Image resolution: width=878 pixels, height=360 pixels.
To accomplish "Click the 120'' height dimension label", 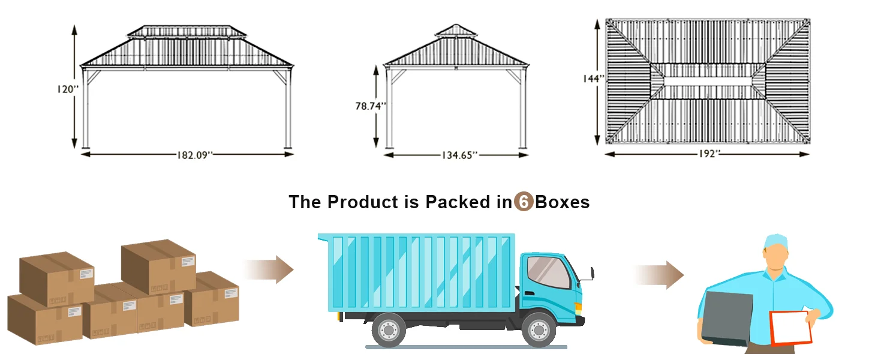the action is coord(68,89).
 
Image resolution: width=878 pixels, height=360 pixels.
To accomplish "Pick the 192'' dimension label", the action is coord(709,154).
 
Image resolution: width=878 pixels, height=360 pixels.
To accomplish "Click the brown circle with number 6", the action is coord(524,202).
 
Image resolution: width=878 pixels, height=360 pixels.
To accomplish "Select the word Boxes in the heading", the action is coord(562,202).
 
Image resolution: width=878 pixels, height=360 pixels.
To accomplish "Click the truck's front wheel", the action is coord(538,330).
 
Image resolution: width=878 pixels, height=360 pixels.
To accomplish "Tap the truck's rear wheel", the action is coord(389,330).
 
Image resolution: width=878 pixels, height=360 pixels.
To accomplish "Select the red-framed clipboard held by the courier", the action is coord(790,328).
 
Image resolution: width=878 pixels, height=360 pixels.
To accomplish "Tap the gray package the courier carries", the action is coord(728,319).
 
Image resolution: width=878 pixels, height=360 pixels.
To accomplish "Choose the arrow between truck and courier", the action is coord(659,275).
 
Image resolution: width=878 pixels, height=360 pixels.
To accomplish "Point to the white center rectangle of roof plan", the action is coord(709,81).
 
